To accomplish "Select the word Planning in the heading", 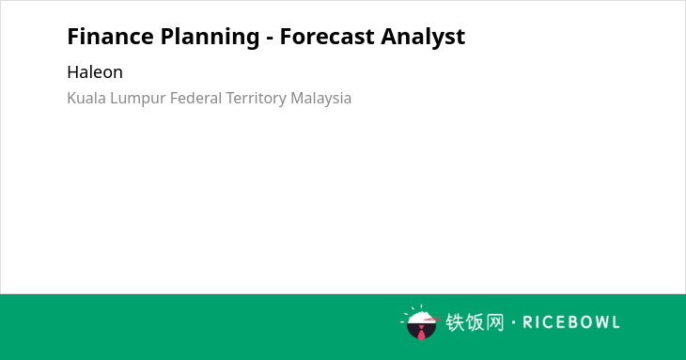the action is point(210,38).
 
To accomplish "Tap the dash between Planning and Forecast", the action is point(270,39).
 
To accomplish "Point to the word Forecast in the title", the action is point(327,37).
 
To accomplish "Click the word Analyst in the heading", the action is point(423,38).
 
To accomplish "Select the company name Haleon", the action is point(95,72).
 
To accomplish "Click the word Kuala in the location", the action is point(86,98).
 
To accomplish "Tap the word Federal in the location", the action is point(196,98).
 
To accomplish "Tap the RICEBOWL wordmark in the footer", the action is point(571,322).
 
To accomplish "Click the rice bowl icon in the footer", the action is point(421,322).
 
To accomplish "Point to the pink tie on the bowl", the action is point(421,333).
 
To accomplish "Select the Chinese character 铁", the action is point(455,322).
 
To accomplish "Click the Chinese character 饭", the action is point(475,322).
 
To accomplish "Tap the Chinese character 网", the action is point(494,322).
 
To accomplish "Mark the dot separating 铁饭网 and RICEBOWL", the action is point(514,322).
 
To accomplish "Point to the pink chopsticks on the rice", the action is point(432,319).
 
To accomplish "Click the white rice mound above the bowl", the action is point(421,317).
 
